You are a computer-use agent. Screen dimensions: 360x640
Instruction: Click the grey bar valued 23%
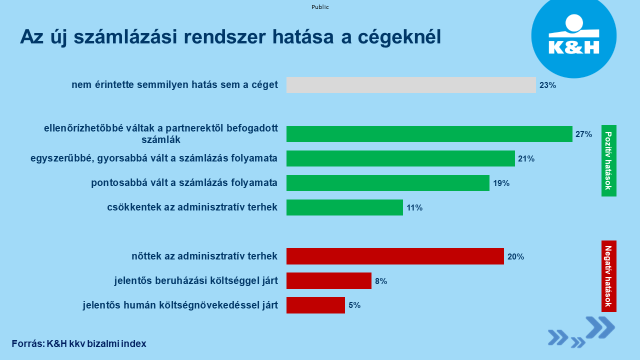point(411,85)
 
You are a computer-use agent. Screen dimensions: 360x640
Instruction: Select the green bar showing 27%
point(429,134)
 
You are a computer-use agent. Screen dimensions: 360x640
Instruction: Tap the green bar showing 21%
point(400,158)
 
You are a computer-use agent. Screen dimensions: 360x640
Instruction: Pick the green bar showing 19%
point(388,183)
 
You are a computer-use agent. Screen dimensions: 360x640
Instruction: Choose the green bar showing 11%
point(344,207)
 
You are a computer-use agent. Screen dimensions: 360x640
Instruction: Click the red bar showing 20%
point(395,256)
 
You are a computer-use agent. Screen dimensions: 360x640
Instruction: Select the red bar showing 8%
point(329,281)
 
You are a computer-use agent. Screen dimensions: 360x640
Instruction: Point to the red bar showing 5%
point(315,305)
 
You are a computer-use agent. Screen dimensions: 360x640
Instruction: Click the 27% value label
point(583,134)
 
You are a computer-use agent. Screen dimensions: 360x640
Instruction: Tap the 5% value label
point(355,305)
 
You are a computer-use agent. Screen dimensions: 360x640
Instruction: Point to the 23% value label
point(547,85)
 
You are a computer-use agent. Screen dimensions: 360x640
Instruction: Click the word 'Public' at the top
point(320,5)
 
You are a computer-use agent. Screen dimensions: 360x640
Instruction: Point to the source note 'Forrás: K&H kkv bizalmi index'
point(79,343)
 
